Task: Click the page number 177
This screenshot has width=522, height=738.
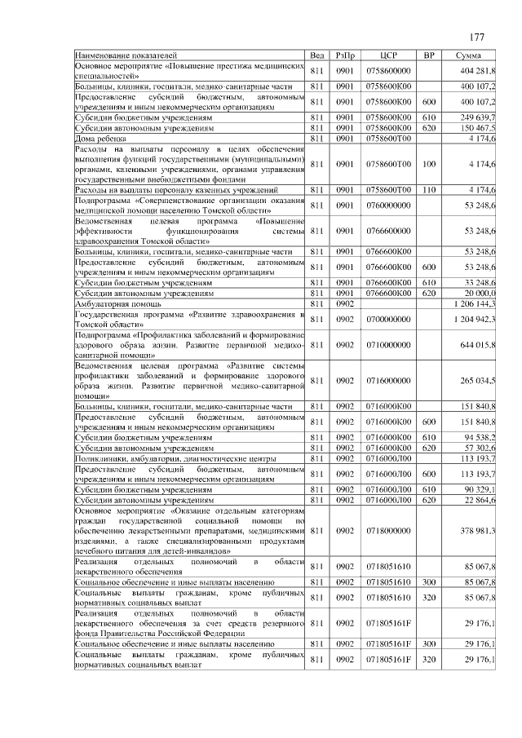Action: [477, 37]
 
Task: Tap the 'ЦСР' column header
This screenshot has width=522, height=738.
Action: [388, 55]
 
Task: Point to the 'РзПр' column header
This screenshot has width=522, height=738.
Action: [344, 55]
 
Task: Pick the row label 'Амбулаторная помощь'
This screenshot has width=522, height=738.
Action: [111, 302]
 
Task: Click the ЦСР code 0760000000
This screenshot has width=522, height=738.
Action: [388, 205]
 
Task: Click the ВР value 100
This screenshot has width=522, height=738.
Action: [428, 165]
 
